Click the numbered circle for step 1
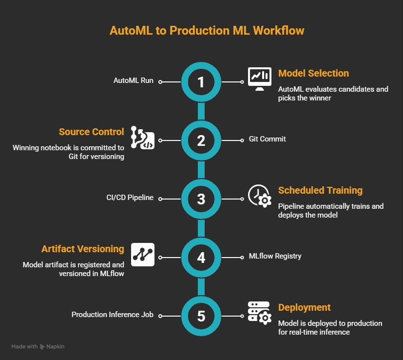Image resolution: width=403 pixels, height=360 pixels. tap(201, 82)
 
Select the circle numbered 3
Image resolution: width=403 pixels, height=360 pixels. tap(201, 199)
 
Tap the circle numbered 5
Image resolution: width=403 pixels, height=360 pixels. tap(201, 316)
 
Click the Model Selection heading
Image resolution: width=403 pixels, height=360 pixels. tap(313, 74)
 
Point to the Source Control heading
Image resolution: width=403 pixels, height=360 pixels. tap(91, 132)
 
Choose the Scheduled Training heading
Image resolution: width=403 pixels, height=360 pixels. tap(320, 191)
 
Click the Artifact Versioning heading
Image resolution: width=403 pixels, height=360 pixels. tap(82, 249)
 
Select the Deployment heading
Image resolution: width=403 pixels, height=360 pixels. tap(304, 308)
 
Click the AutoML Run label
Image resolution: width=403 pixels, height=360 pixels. tap(133, 81)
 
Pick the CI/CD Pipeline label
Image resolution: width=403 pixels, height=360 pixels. tap(130, 198)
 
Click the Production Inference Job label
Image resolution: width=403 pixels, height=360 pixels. tap(113, 315)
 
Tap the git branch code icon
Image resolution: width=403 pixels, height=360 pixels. tap(143, 139)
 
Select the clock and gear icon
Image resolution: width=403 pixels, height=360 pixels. tap(259, 196)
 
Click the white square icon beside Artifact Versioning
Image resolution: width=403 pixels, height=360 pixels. tap(143, 254)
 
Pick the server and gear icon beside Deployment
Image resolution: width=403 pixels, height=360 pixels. tap(259, 313)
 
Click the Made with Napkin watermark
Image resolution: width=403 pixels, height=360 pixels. tap(38, 347)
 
